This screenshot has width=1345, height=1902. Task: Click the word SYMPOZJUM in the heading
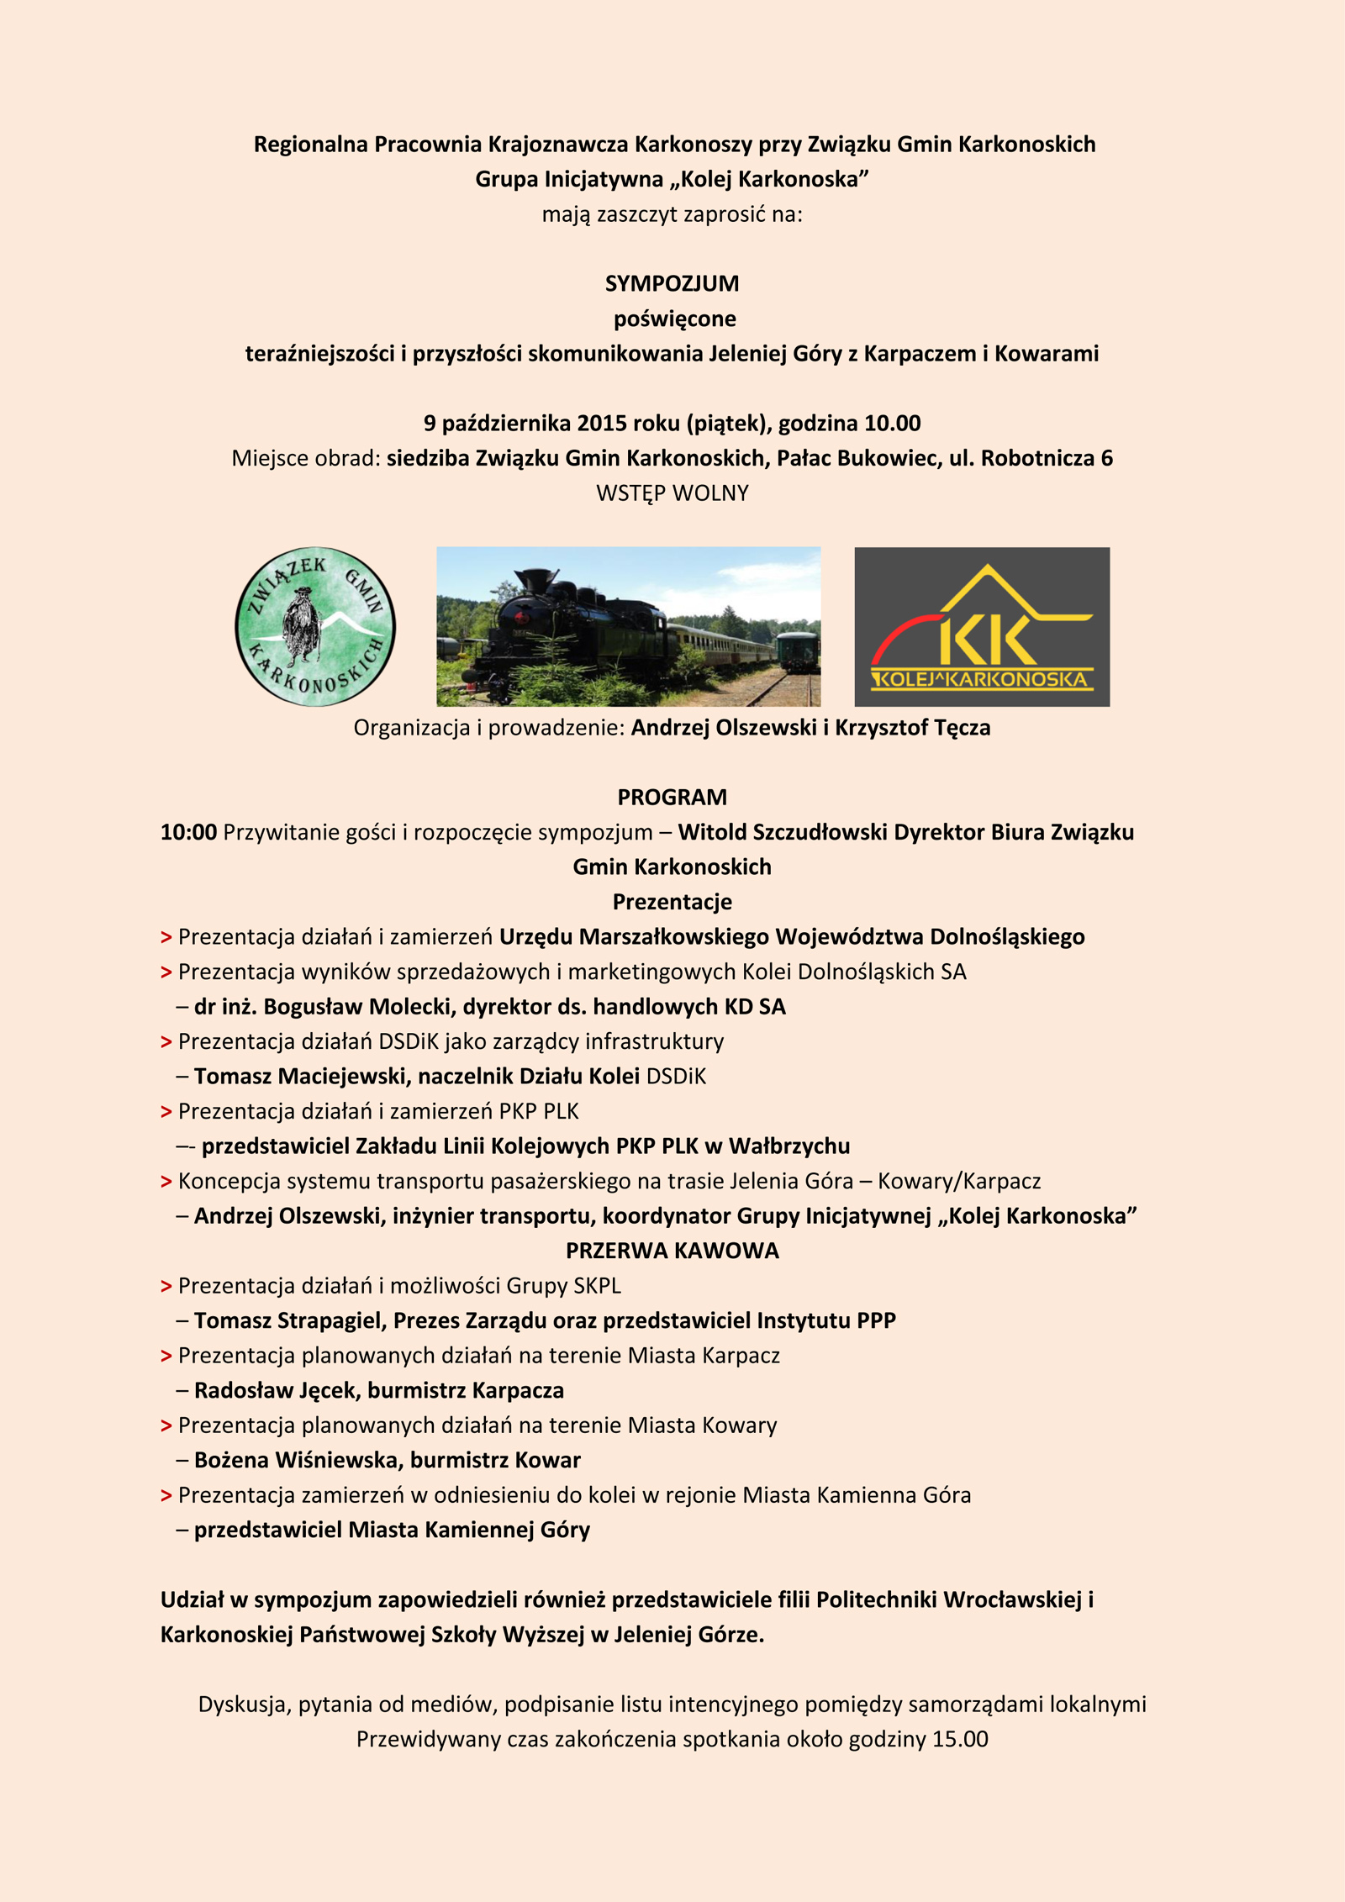[x=672, y=284]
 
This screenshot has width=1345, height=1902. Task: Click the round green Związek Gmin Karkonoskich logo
[x=315, y=627]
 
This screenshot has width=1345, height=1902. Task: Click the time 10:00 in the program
[x=188, y=832]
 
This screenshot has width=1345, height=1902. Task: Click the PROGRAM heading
[x=672, y=797]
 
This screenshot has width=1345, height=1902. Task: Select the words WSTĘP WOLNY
[x=672, y=493]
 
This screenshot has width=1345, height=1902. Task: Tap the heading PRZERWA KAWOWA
[x=672, y=1251]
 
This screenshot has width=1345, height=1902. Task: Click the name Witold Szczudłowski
[x=783, y=832]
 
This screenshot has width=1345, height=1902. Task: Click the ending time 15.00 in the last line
[x=960, y=1739]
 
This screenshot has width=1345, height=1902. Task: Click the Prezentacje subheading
[x=672, y=902]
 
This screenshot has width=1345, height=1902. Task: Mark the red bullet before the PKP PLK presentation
[x=166, y=1112]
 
